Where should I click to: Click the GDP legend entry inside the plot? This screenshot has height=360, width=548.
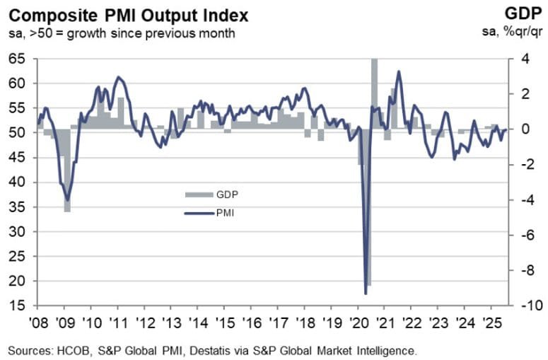tap(212, 194)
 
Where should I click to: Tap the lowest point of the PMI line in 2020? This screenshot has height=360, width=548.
tap(366, 293)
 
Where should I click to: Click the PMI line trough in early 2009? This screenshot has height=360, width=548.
tap(67, 200)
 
